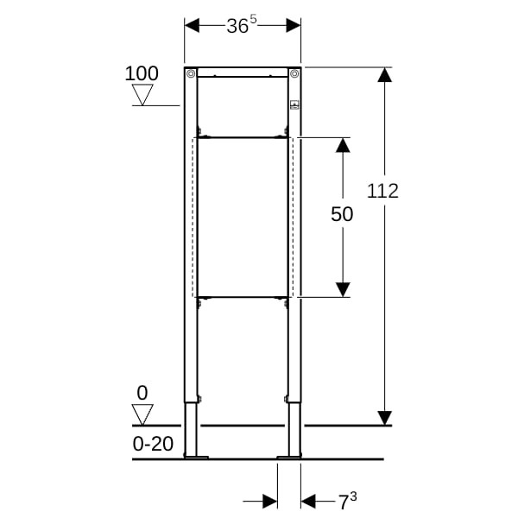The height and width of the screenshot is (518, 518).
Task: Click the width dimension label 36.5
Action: click(x=242, y=25)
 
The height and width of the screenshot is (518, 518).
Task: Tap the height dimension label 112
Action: click(x=382, y=191)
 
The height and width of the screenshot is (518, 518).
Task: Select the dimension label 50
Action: click(x=342, y=214)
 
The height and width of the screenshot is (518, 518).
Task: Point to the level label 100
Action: click(x=142, y=73)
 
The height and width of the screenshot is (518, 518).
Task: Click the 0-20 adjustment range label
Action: click(x=153, y=444)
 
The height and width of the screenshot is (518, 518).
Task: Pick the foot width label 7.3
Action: click(x=348, y=501)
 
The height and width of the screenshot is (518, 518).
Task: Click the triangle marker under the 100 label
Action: click(x=142, y=95)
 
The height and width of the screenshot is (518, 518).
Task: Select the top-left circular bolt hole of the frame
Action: click(x=191, y=73)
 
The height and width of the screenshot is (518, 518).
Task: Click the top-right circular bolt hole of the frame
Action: click(x=294, y=73)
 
